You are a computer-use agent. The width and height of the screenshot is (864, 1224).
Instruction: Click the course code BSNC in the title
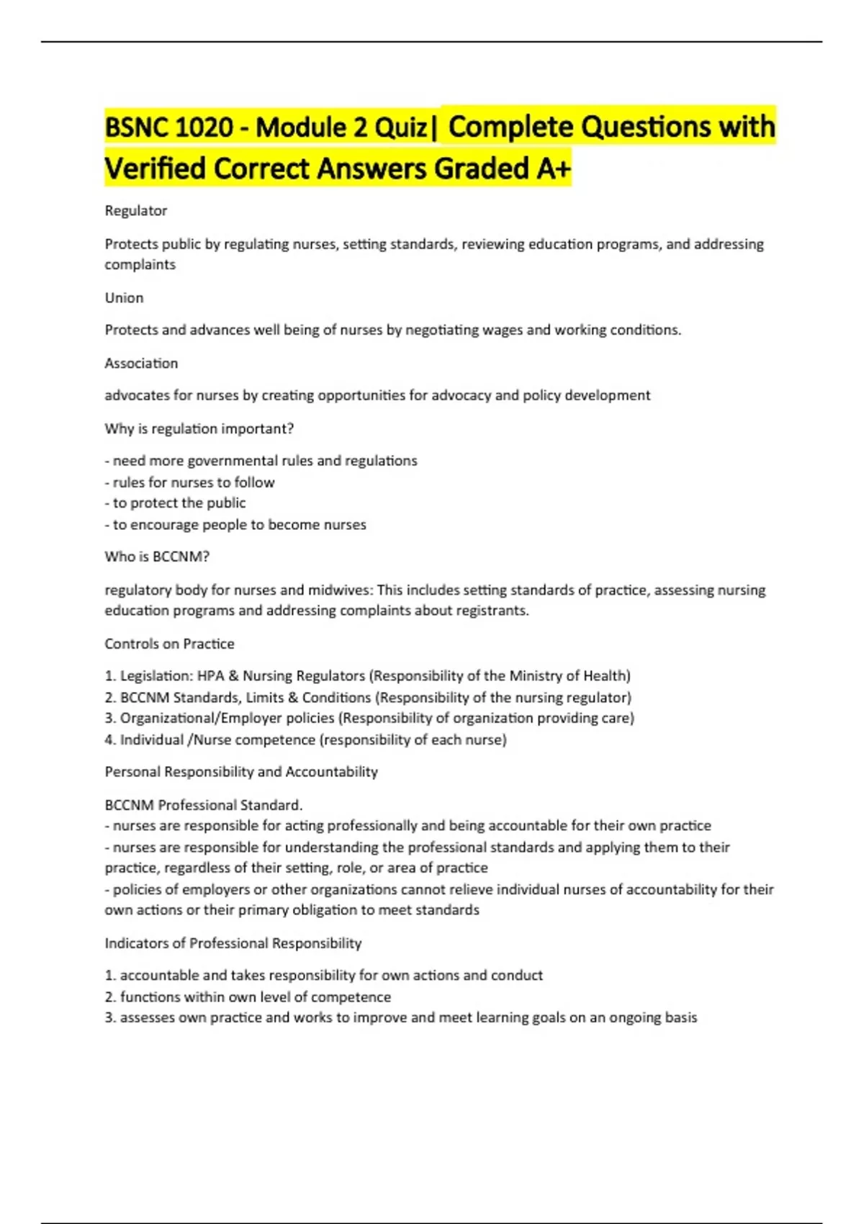click(138, 128)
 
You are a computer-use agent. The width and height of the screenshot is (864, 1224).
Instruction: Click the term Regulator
click(136, 211)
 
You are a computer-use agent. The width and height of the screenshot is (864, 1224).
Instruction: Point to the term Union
click(124, 298)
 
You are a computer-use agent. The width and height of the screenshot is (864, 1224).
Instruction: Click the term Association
click(141, 364)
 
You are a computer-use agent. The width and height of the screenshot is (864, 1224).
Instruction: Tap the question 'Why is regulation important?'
click(199, 429)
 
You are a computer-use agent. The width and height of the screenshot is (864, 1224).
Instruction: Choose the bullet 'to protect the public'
click(179, 503)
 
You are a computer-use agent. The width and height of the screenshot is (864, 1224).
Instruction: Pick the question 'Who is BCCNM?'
click(157, 557)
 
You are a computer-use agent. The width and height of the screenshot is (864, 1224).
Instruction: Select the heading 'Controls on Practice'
click(169, 644)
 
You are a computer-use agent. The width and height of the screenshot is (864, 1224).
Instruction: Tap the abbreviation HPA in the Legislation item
click(211, 676)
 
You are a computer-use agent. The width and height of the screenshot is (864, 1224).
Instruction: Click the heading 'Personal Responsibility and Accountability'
click(241, 773)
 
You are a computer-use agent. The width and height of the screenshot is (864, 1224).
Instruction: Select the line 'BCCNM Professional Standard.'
click(204, 806)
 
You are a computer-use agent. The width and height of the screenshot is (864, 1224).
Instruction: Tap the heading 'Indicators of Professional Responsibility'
click(233, 944)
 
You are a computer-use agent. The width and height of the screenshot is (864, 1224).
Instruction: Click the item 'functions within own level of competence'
click(255, 997)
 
